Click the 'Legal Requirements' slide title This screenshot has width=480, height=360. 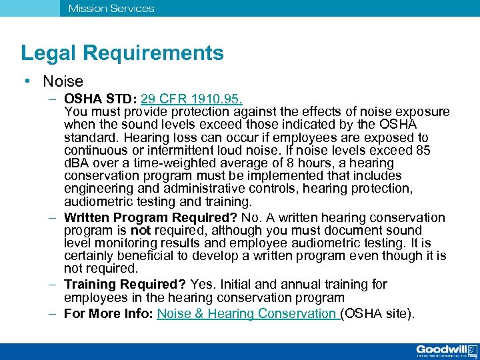click(122, 53)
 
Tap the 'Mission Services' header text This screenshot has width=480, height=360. click(111, 9)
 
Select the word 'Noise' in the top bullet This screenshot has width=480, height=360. click(63, 82)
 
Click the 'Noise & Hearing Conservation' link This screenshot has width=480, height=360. click(248, 313)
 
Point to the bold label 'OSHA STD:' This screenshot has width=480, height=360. click(101, 99)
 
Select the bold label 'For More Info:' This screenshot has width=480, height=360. click(109, 313)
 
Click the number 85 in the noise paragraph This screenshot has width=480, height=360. click(423, 151)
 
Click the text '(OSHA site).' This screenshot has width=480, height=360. click(377, 313)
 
